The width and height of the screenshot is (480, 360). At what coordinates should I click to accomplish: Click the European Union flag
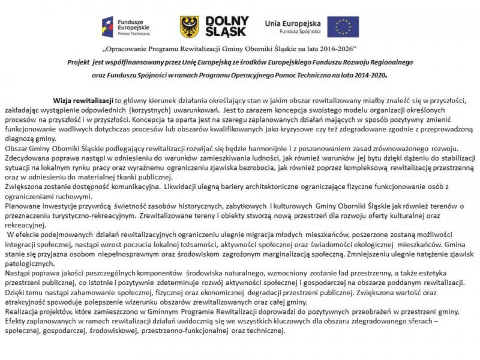tap(344, 26)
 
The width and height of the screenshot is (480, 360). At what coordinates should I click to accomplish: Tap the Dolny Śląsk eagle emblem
tap(190, 27)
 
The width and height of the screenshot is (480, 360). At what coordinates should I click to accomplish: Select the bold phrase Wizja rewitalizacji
tap(83, 100)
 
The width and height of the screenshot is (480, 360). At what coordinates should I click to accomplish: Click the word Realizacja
tap(22, 311)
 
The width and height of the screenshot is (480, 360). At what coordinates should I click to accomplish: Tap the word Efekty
tap(16, 321)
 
